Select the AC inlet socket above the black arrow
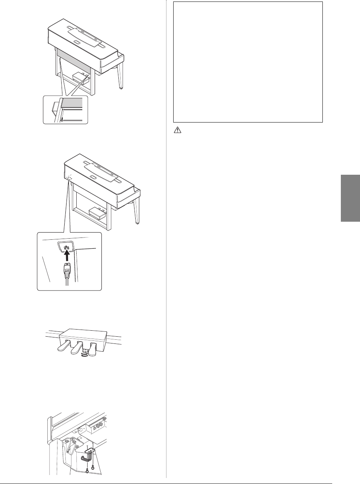(x=65, y=247)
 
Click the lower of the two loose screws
(x=87, y=473)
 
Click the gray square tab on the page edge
(x=350, y=198)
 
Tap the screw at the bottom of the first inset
(x=61, y=119)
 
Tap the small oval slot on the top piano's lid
(x=77, y=42)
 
